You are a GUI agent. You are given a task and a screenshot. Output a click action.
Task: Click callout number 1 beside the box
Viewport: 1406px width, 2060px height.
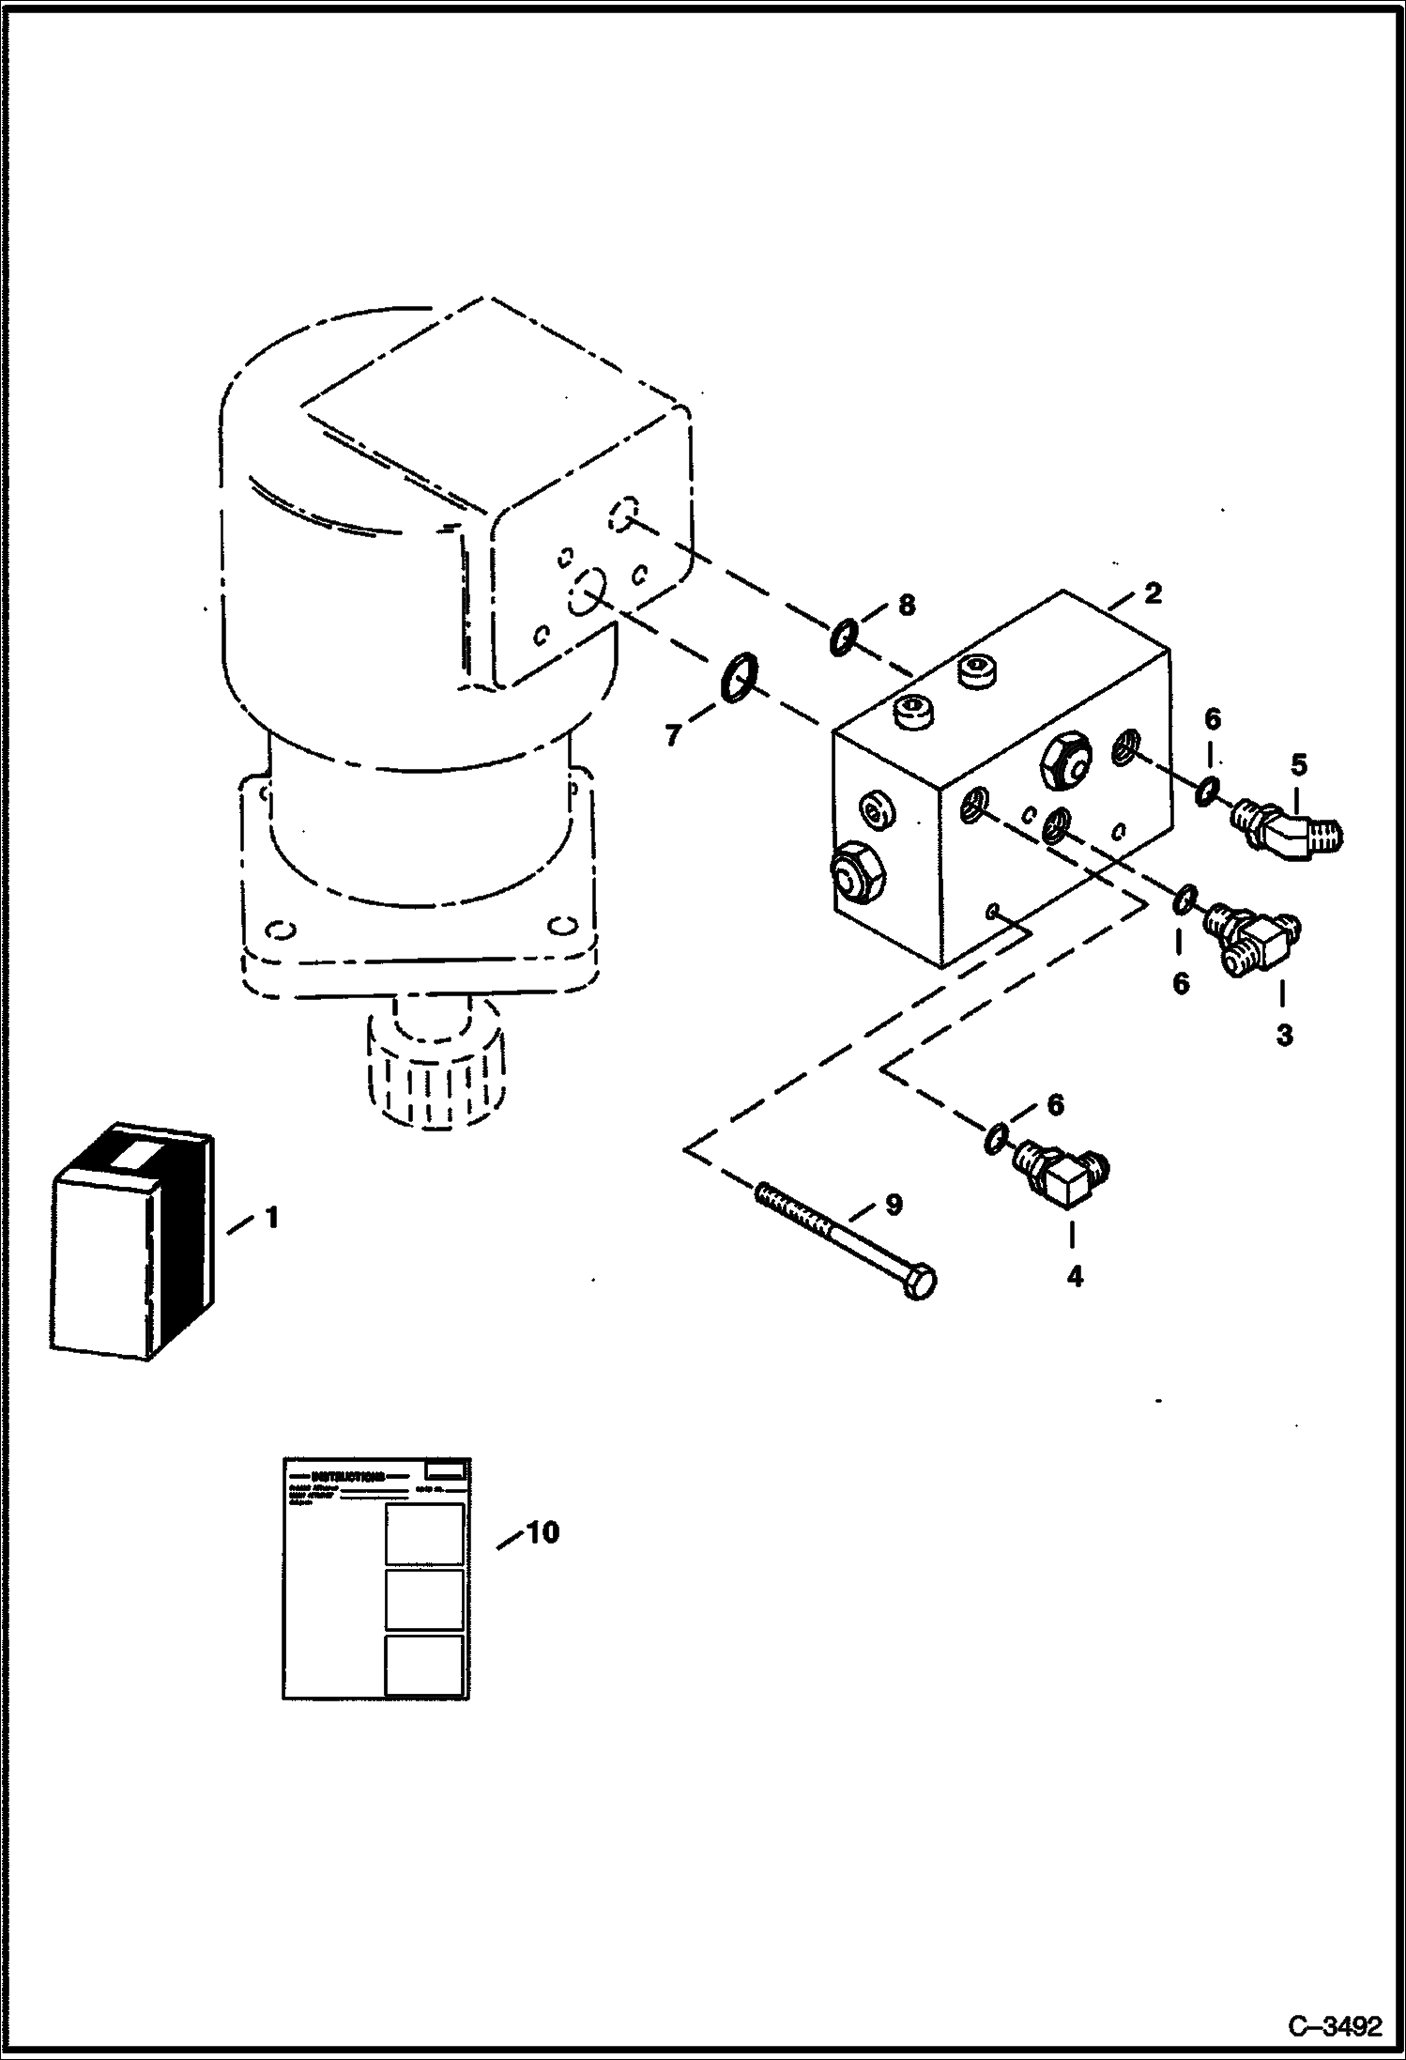(x=271, y=1218)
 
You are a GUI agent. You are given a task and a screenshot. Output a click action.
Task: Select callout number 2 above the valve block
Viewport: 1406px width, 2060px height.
(x=1153, y=593)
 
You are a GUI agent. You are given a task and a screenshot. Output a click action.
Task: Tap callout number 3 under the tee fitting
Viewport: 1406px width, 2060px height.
(x=1284, y=1035)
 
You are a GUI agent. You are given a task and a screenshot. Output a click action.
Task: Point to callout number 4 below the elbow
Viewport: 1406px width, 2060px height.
(x=1075, y=1276)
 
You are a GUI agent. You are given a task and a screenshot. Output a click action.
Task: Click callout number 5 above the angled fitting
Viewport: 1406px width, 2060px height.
(x=1298, y=764)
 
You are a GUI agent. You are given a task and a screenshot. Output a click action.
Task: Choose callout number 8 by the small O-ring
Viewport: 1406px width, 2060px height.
(x=906, y=605)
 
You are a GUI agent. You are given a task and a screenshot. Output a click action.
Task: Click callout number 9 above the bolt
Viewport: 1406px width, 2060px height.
(x=893, y=1204)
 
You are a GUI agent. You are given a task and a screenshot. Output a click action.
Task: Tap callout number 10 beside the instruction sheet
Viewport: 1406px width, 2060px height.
(x=542, y=1533)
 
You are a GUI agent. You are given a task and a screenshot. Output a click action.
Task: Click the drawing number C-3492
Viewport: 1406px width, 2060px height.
(x=1335, y=2023)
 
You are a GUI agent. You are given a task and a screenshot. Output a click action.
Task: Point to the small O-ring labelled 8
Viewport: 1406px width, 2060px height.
(x=842, y=639)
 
